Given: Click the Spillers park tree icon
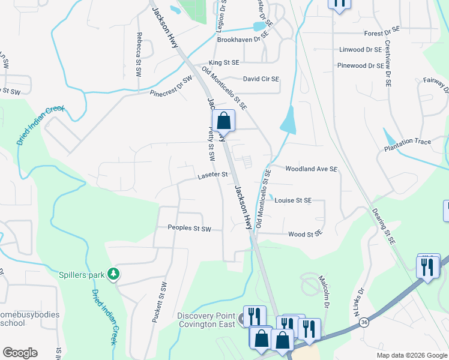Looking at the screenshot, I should (113, 274).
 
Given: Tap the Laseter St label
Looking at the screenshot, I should (213, 175).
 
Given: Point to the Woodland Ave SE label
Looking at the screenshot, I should (312, 169).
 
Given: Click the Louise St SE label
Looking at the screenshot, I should (293, 200).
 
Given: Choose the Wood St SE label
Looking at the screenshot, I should (306, 234).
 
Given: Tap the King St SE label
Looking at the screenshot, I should (224, 62).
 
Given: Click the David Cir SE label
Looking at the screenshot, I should (261, 79).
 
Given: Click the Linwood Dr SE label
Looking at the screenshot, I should (360, 50).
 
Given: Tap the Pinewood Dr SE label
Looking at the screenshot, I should (360, 65).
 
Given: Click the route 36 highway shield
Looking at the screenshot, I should (364, 323).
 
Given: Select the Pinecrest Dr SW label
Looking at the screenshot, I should (172, 87).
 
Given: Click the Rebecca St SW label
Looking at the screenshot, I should (139, 53).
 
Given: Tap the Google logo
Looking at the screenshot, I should (20, 353).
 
